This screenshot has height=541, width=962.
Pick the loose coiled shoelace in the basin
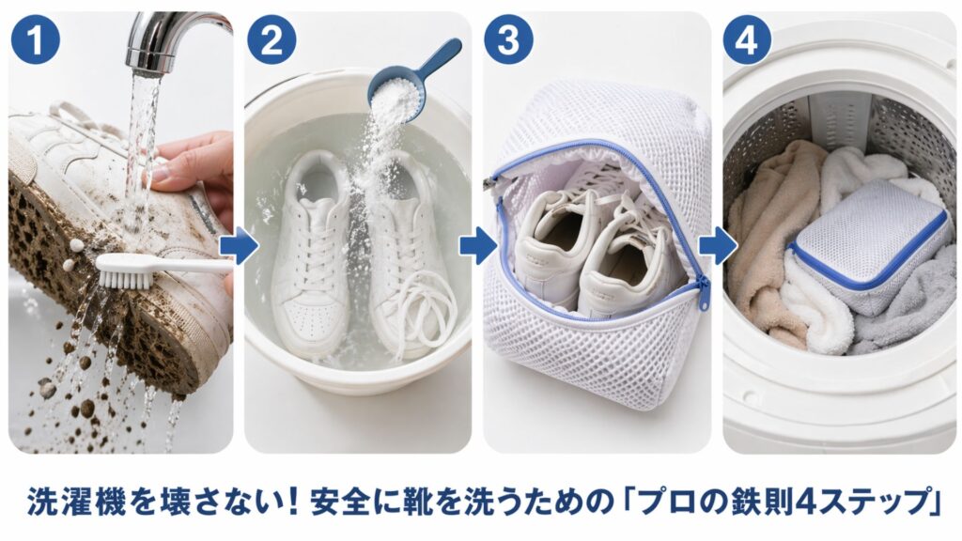pos(427,315)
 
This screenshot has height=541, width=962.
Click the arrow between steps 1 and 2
pos(239,247)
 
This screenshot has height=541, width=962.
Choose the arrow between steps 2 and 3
pos(477,247)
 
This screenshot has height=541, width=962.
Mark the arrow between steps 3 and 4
pos(718,247)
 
